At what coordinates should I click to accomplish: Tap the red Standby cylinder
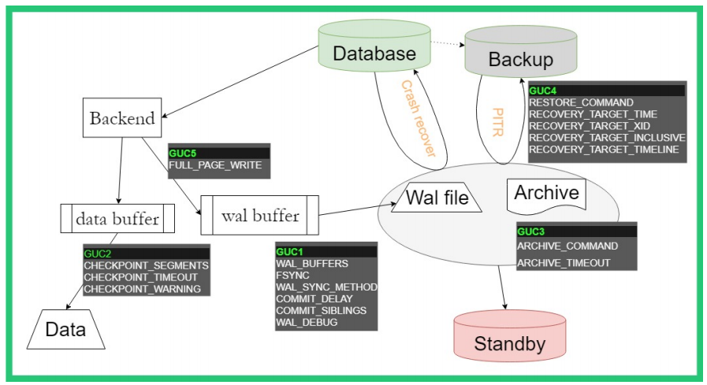click(510, 342)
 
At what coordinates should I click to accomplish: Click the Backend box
click(122, 119)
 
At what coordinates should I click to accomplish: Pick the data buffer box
click(117, 218)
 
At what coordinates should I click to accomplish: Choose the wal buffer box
click(259, 214)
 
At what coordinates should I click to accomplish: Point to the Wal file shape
click(437, 197)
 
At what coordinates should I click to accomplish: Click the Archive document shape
click(546, 194)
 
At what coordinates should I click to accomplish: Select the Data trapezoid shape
click(65, 328)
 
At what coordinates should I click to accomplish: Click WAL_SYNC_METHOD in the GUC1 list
click(326, 287)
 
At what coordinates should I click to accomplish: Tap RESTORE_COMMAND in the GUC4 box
click(581, 102)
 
